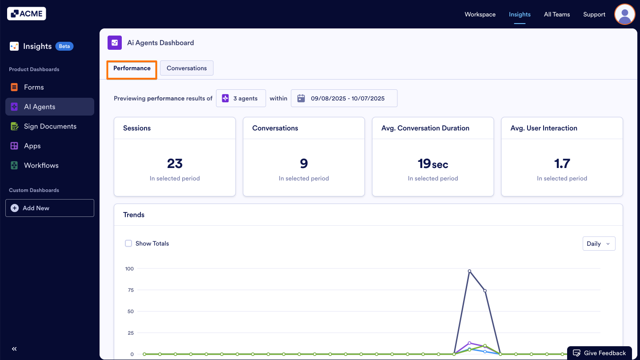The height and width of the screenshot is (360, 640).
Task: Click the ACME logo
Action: (27, 14)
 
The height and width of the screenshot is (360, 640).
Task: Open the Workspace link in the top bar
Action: (480, 14)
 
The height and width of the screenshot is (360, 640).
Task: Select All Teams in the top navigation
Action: (557, 14)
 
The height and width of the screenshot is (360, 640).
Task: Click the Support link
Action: (594, 14)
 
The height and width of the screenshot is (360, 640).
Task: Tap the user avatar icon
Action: (624, 14)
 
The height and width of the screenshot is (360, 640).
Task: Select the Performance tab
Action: (132, 68)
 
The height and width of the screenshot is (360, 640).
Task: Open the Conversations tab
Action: (187, 68)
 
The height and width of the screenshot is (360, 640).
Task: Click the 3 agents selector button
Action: (241, 98)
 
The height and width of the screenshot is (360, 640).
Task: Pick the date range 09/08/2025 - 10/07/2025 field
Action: (344, 98)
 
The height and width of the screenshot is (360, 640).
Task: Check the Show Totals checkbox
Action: (128, 244)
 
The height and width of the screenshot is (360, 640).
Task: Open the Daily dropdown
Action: (599, 244)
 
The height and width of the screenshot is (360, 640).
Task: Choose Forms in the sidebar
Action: (34, 87)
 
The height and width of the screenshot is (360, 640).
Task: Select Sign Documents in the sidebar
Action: (50, 126)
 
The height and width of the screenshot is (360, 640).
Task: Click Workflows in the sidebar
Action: (41, 165)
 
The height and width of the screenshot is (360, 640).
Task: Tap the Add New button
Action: (50, 208)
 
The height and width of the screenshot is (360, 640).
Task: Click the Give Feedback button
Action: (600, 353)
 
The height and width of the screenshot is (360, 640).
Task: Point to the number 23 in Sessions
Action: (175, 164)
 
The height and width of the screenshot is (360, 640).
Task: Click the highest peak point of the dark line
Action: (469, 271)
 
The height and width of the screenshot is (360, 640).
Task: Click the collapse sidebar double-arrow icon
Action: (14, 349)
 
